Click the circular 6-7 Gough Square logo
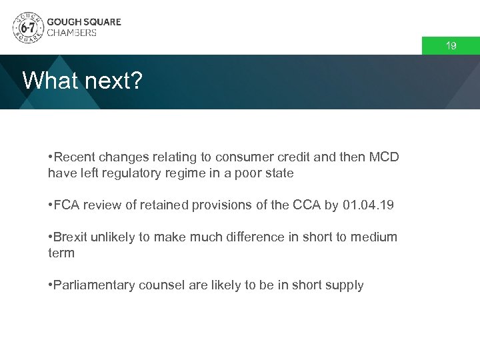[x=27, y=27]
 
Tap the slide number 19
[x=451, y=46]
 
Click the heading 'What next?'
[x=83, y=81]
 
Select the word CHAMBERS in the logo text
[x=71, y=33]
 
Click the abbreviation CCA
[x=307, y=205]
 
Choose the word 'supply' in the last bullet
[x=345, y=285]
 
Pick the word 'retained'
[x=164, y=205]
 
